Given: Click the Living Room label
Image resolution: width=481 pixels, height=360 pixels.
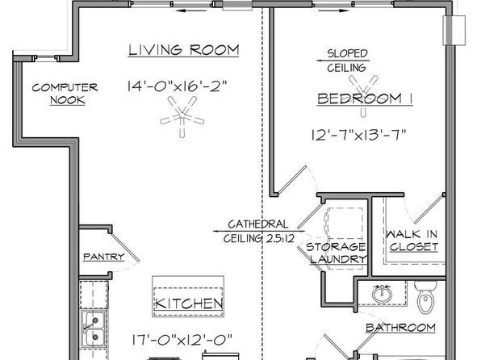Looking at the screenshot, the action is (x=183, y=50).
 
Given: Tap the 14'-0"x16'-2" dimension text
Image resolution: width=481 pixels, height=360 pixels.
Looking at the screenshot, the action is (x=177, y=86).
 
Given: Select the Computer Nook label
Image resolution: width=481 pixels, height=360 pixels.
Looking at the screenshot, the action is (x=65, y=94).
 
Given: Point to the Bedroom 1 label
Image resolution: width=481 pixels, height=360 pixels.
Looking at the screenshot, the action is (x=365, y=98).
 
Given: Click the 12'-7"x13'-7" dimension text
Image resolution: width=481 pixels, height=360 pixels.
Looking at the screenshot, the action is (x=359, y=135).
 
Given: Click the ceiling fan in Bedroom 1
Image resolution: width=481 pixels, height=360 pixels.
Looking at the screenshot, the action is (x=363, y=92).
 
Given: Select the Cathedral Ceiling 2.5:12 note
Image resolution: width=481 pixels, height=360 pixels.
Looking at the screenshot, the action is (x=258, y=231).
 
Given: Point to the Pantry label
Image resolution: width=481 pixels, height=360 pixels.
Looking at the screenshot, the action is (x=104, y=257).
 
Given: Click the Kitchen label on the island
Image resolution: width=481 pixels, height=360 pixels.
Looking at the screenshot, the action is (x=189, y=303).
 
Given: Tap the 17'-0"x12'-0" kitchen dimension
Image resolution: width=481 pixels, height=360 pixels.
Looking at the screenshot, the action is (x=182, y=340).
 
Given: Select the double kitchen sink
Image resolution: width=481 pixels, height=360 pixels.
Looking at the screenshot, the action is (x=94, y=329).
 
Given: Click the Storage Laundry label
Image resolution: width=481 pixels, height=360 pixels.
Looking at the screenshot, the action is (x=337, y=253).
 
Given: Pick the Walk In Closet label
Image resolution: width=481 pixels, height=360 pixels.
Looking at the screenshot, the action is (x=412, y=241).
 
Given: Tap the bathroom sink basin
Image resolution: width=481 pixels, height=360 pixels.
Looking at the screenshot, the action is (x=382, y=293).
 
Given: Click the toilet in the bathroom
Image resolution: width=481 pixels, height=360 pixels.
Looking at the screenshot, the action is (x=425, y=297).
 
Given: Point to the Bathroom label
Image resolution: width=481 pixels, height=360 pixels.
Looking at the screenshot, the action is (x=400, y=328).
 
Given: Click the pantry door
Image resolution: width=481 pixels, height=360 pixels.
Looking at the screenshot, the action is (x=125, y=248).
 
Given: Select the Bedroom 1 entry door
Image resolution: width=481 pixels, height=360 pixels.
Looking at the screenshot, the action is (x=291, y=181).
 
